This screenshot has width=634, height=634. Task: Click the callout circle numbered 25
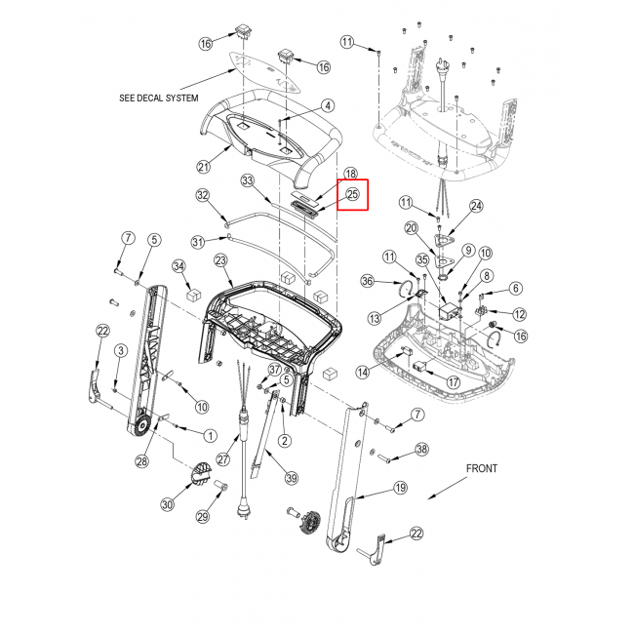click(x=352, y=194)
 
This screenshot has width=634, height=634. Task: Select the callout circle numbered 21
click(x=204, y=166)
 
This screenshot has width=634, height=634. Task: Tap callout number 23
click(x=220, y=260)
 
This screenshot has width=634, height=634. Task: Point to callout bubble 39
click(x=292, y=478)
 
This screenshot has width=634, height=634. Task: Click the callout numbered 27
click(x=223, y=459)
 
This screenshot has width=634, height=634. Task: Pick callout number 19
click(x=400, y=488)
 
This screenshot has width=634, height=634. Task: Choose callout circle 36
click(x=367, y=281)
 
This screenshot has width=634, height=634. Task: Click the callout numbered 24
click(x=476, y=206)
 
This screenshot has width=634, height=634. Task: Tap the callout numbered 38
click(x=421, y=450)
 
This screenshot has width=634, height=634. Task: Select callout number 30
click(x=168, y=504)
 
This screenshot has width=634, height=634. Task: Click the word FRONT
click(x=482, y=468)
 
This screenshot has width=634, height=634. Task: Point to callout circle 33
click(x=248, y=180)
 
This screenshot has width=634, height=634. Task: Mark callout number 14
click(x=363, y=372)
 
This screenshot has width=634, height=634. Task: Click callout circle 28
click(x=142, y=461)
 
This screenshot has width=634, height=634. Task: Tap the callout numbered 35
click(x=422, y=260)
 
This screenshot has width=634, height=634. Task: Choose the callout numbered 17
click(x=454, y=382)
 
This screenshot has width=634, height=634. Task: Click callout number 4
click(x=328, y=106)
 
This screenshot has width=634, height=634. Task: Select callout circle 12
click(x=520, y=314)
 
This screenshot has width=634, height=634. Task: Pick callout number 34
click(x=178, y=266)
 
